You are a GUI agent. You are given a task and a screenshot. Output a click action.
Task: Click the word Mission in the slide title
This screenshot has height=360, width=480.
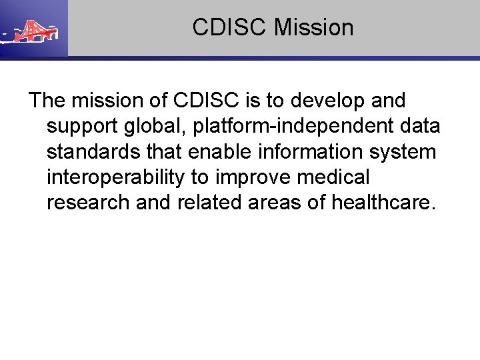pyautogui.click(x=314, y=28)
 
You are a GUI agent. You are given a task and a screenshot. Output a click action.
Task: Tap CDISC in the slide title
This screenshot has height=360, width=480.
pyautogui.click(x=230, y=28)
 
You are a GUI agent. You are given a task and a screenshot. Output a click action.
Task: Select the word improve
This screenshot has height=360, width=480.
pyautogui.click(x=251, y=177)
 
